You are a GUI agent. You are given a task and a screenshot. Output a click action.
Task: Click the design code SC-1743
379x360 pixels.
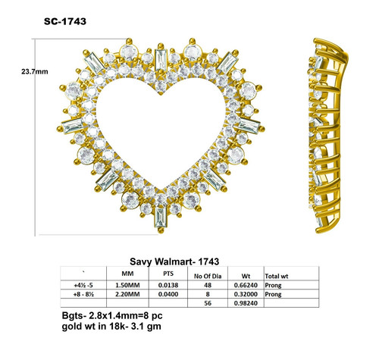pos(65,21)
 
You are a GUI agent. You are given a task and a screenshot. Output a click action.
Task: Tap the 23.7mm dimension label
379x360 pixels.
pos(35,72)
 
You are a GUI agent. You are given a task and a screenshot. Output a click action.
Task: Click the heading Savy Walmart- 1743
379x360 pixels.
pos(174,261)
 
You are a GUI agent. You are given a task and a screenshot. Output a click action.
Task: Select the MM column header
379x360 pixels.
pos(127,274)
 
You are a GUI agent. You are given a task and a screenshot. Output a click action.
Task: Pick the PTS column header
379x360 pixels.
pos(168,274)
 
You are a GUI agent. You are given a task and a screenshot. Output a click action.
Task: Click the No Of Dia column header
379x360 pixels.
pos(208,276)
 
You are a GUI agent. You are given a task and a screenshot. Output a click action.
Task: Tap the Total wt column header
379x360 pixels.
pos(277,276)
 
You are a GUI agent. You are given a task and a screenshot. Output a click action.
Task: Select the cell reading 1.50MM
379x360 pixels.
pos(127,285)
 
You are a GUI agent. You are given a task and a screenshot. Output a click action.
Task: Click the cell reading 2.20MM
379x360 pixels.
pos(127,294)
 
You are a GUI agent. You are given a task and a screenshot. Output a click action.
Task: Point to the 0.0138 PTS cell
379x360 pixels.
pos(168,285)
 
